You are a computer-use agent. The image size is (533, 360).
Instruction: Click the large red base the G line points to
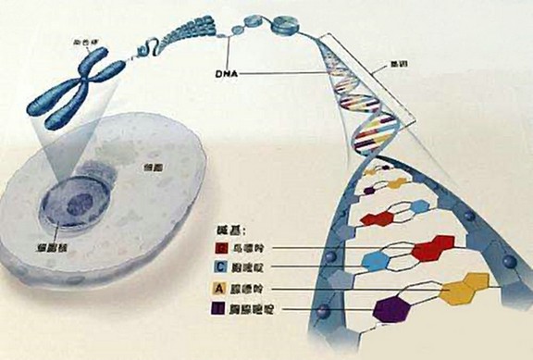[x=429, y=250]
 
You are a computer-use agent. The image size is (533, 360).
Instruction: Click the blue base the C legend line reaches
[x=376, y=261]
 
